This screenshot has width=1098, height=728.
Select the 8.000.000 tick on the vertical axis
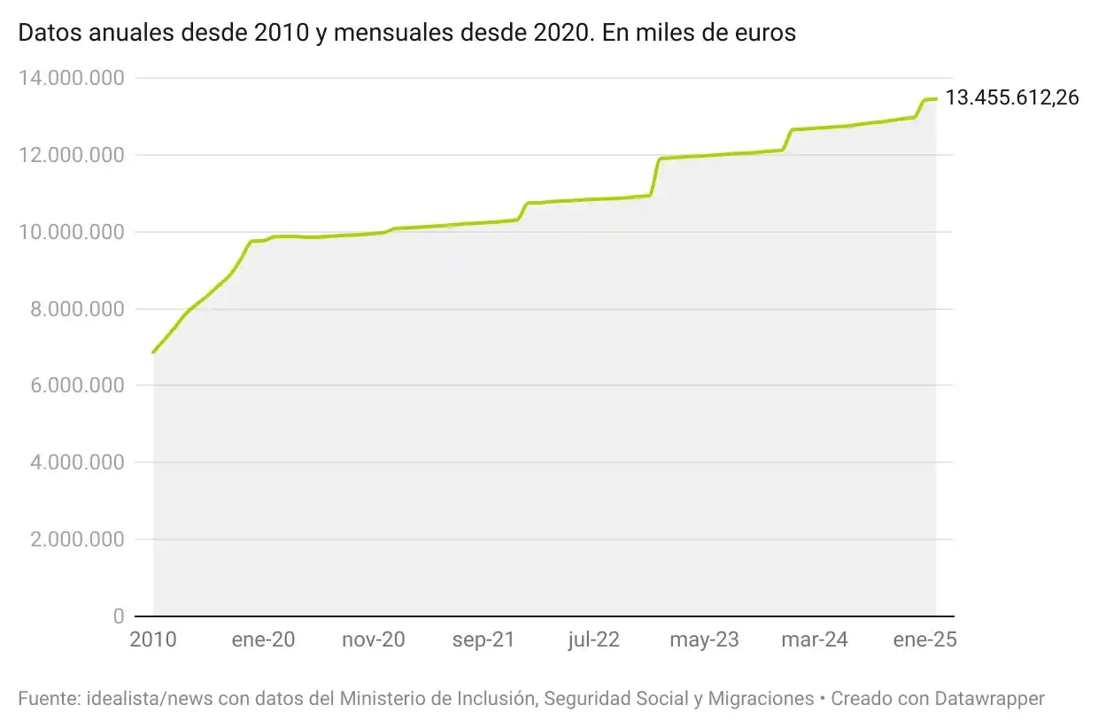tap(76, 310)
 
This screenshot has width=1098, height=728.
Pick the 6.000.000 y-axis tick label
tap(76, 386)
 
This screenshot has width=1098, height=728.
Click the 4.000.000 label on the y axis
tap(76, 463)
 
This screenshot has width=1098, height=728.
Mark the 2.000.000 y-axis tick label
tap(76, 540)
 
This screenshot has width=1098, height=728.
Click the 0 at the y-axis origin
tap(118, 616)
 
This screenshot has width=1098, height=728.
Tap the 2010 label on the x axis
tap(153, 640)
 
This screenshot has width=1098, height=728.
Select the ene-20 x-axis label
tap(263, 640)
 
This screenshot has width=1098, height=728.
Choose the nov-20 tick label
tap(374, 640)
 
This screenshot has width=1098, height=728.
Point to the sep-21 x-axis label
tap(483, 640)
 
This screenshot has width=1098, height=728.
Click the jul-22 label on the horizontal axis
tap(594, 640)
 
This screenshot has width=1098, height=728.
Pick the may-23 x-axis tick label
tap(704, 640)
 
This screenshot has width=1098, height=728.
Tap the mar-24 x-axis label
tap(815, 640)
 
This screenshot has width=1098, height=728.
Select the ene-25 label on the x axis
tap(924, 640)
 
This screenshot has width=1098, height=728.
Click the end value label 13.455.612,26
tap(1012, 98)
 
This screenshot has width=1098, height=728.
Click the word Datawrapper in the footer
tap(989, 699)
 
